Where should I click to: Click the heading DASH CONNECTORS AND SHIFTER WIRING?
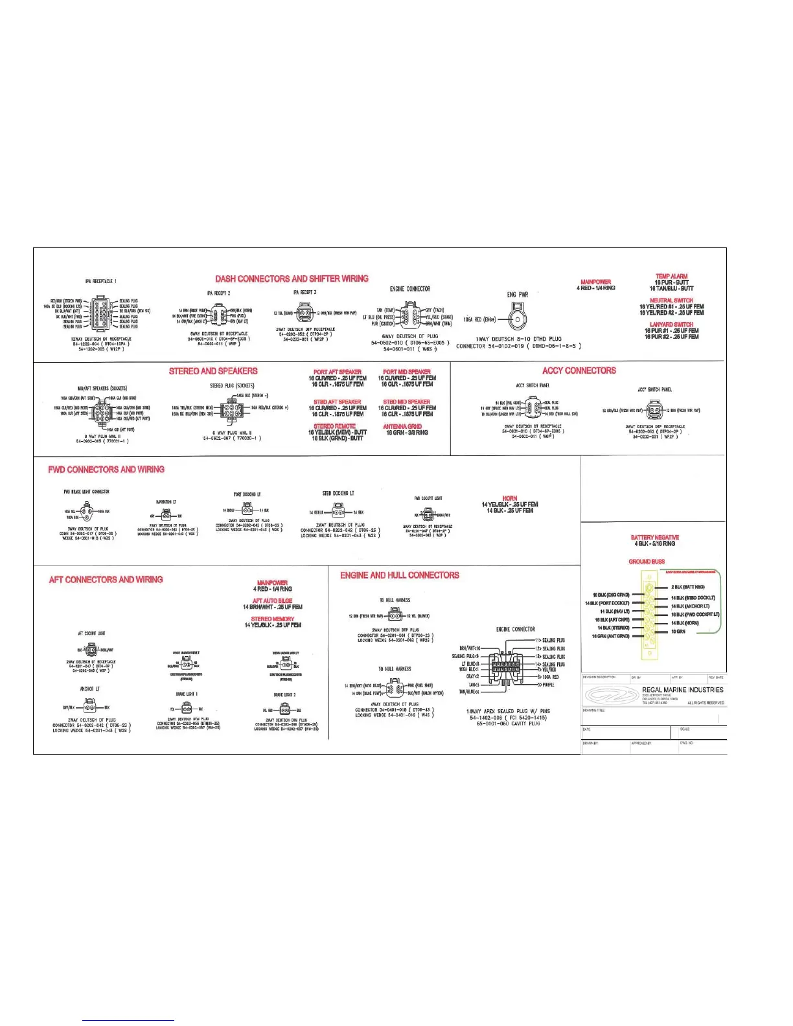pos(292,279)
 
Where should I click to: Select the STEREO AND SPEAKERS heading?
pos(213,371)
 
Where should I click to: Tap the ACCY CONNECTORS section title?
pos(579,370)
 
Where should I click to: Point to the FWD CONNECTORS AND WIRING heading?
pos(106,470)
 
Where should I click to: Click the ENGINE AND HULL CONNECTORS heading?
pos(400,575)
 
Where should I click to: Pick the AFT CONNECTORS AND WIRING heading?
pos(106,580)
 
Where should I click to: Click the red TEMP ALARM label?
pos(671,277)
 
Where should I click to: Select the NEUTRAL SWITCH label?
pos(671,301)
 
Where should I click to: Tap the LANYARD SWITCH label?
pos(671,325)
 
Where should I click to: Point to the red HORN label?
pos(510,498)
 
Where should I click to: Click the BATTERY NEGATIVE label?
pos(654,538)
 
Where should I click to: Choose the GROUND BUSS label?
pos(647,562)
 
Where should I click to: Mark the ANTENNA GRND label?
pos(402,426)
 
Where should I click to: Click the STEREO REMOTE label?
pos(334,426)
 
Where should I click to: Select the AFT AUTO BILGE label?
pos(272,601)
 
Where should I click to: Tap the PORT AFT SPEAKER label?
pos(337,372)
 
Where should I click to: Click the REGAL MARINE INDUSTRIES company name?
pos(682,690)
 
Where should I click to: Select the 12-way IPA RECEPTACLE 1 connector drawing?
pos(100,313)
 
